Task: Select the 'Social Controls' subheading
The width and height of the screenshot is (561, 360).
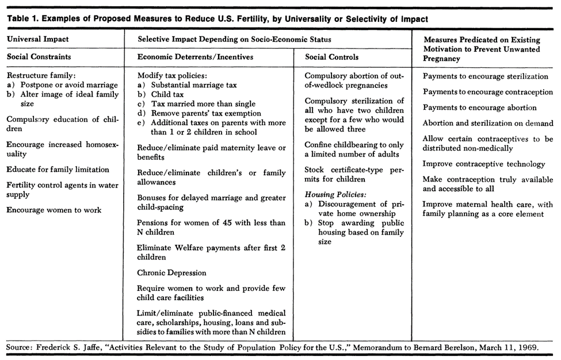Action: coord(331,57)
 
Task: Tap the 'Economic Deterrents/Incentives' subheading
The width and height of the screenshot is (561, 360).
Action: coord(195,57)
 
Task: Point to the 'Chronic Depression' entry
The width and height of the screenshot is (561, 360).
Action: coord(171,273)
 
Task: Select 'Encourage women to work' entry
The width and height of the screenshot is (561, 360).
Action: coord(54,210)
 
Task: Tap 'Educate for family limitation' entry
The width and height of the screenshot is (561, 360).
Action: coord(58,170)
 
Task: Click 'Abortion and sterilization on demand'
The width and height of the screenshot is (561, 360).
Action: coord(488,123)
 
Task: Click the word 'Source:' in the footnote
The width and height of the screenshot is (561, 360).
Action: coord(19,348)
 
